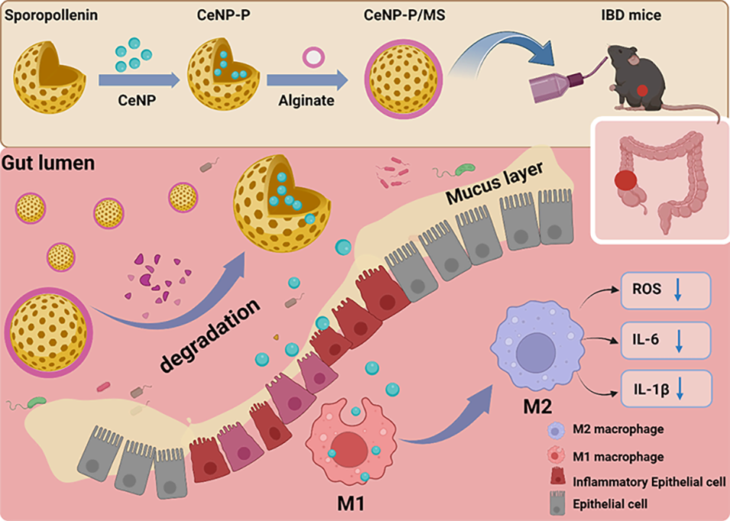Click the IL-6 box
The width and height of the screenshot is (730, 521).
(666, 339)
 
